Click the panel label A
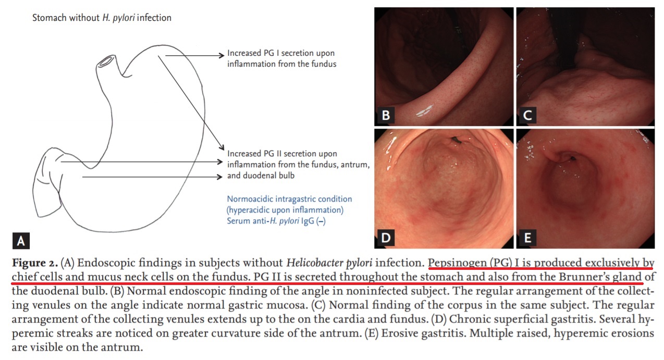click(x=21, y=241)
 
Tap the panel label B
click(x=386, y=115)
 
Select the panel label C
click(x=527, y=115)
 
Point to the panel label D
click(x=386, y=238)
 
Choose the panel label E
click(x=527, y=238)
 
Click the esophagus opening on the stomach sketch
click(x=106, y=61)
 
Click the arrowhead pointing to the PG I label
click(x=221, y=55)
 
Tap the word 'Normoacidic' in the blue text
click(x=250, y=199)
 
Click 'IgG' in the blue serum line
click(x=308, y=221)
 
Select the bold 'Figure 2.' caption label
click(x=35, y=263)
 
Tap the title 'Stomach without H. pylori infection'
click(x=102, y=18)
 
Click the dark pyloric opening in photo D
click(x=456, y=140)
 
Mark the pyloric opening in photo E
click(x=573, y=159)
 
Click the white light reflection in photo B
click(x=424, y=110)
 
